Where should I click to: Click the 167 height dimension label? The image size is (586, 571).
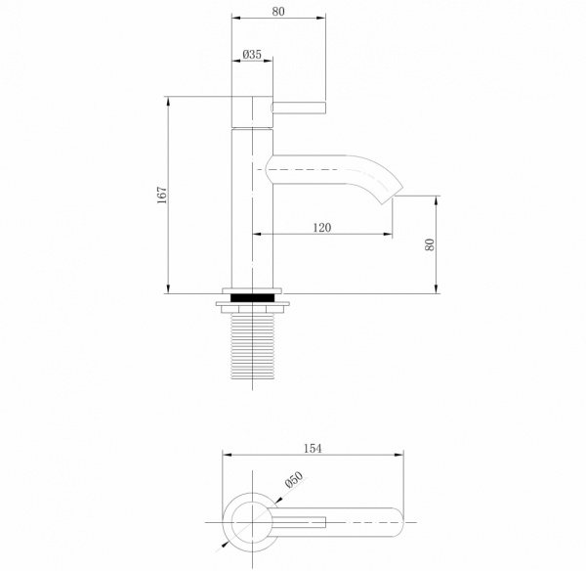163,195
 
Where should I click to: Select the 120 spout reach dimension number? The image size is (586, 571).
322,227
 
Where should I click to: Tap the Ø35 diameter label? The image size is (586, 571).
251,56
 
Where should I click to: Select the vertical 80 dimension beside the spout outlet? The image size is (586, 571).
430,244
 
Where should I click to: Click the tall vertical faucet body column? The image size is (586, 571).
250,210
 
